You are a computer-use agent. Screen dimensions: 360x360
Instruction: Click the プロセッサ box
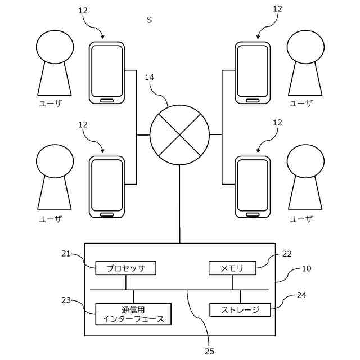(125, 268)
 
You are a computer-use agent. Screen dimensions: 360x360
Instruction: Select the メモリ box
(232, 268)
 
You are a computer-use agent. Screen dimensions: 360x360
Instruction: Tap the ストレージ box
(240, 309)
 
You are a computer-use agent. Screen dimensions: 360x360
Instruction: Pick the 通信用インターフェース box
(133, 314)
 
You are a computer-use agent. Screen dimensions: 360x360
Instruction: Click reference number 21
(66, 254)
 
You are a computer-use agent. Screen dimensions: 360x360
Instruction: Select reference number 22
(287, 254)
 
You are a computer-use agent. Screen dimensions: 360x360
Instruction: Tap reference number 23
(66, 300)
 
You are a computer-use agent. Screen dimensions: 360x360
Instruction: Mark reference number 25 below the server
(209, 352)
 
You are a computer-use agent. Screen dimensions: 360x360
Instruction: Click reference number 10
(306, 268)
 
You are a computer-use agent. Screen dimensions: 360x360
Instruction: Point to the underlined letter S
(149, 20)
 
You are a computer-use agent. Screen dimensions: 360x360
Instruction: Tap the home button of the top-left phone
(107, 100)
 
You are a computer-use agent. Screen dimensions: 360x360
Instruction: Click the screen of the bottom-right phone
(253, 184)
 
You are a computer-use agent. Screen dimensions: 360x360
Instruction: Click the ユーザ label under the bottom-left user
(50, 219)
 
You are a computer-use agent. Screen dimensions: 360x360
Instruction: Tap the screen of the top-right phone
(253, 70)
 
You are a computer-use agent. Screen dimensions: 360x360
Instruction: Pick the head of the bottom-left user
(54, 161)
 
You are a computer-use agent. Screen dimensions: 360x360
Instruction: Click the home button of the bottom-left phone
(107, 214)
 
